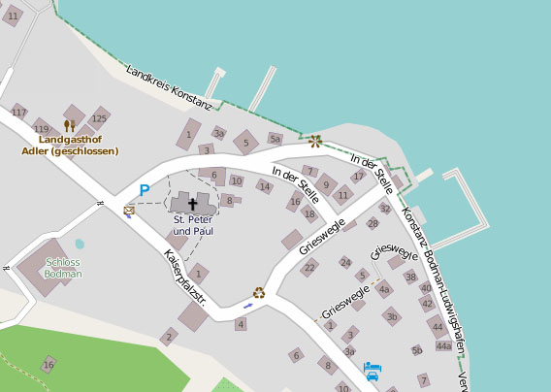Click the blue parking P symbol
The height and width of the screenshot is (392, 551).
pos(145,191)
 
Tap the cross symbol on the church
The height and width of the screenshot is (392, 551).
pos(192,205)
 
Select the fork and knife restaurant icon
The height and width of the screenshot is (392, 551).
pos(69,125)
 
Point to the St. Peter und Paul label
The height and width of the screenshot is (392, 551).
pos(192,226)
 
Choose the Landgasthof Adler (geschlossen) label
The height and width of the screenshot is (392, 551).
pos(71,145)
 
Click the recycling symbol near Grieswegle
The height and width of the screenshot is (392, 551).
pos(259,292)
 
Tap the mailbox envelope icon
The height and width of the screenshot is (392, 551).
pos(129,210)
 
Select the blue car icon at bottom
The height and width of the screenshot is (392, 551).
pos(372,371)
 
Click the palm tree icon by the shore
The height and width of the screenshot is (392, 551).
pos(315,141)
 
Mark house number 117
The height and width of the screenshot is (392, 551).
pos(18,112)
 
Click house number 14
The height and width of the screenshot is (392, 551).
pos(264,186)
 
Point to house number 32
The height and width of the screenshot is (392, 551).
pos(385,208)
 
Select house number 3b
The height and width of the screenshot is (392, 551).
pos(391,316)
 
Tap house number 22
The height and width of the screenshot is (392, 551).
pos(308,268)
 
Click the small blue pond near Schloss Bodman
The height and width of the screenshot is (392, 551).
pos(80,245)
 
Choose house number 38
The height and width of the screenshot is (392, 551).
pos(410,277)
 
